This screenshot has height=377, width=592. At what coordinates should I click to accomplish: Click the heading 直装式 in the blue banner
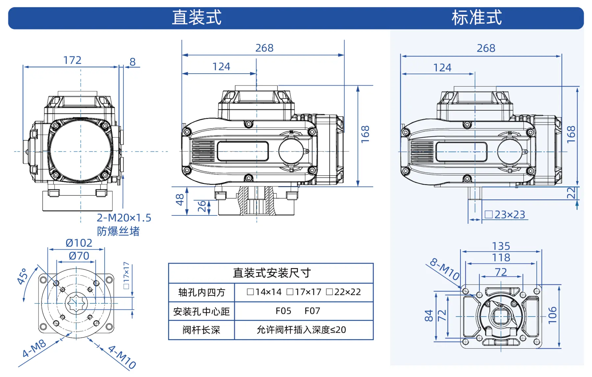click(197, 17)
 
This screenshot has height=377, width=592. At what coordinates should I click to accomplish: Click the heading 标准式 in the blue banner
click(477, 17)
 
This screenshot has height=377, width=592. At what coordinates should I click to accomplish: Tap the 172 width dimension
click(72, 60)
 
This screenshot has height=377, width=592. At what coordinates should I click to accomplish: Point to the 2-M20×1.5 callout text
click(124, 218)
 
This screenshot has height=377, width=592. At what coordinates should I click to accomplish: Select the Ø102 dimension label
click(79, 243)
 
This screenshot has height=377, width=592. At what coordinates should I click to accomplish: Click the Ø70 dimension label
click(79, 256)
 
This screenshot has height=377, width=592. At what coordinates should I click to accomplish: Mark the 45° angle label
click(22, 276)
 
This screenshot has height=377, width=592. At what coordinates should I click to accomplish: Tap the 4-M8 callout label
click(34, 348)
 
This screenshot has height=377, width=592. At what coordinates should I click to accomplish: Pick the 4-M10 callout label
click(122, 357)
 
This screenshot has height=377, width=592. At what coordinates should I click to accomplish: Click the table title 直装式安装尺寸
click(272, 273)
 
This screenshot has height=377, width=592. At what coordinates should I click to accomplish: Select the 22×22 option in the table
click(344, 292)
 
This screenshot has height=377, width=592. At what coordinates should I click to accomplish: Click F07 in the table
click(312, 311)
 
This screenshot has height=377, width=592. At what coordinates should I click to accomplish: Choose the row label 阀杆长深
click(201, 330)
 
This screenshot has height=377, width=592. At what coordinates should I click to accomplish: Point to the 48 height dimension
click(180, 200)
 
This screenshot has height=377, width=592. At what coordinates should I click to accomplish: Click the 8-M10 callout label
click(445, 269)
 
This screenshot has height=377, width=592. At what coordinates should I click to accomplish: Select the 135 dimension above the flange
click(501, 246)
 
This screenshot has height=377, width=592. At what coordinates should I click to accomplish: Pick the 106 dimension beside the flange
click(553, 315)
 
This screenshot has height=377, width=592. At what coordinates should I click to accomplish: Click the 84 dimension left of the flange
click(429, 316)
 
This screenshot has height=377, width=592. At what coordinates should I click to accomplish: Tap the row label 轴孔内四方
click(202, 292)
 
